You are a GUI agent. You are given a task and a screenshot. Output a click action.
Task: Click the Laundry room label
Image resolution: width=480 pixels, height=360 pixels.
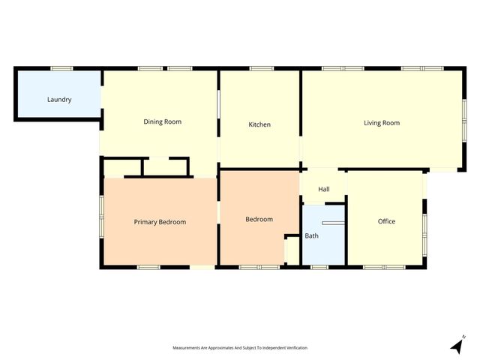point(59,100)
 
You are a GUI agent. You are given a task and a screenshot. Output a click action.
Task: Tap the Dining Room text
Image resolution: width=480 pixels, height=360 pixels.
point(163,121)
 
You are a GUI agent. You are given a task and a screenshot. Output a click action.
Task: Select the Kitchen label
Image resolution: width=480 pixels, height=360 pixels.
point(259,124)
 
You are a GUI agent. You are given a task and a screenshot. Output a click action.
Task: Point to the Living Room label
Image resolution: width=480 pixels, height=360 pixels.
point(382,123)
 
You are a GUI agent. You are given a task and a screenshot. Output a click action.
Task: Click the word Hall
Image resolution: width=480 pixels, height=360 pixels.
point(324,189)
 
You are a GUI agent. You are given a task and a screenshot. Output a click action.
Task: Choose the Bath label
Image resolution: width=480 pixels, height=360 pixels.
point(311,236)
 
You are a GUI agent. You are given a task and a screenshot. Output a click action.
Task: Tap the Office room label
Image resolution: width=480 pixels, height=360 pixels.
point(386,221)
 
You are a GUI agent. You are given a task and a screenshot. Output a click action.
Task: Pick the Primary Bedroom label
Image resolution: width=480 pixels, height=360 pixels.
point(160,222)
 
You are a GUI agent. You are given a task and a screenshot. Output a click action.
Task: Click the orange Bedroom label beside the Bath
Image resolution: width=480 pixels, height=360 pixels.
point(259,219)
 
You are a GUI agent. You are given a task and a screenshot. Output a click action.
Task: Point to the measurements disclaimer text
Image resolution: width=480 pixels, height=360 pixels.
point(240,348)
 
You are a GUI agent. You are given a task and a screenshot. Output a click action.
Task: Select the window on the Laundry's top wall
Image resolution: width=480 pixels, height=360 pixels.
point(61,69)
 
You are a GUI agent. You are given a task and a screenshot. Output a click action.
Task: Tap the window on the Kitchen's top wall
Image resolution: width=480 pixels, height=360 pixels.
point(261,69)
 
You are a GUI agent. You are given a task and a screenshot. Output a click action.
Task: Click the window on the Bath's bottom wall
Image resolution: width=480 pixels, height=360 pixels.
point(319,267)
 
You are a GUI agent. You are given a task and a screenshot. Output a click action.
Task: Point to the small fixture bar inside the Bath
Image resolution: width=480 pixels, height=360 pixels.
point(331,223)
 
